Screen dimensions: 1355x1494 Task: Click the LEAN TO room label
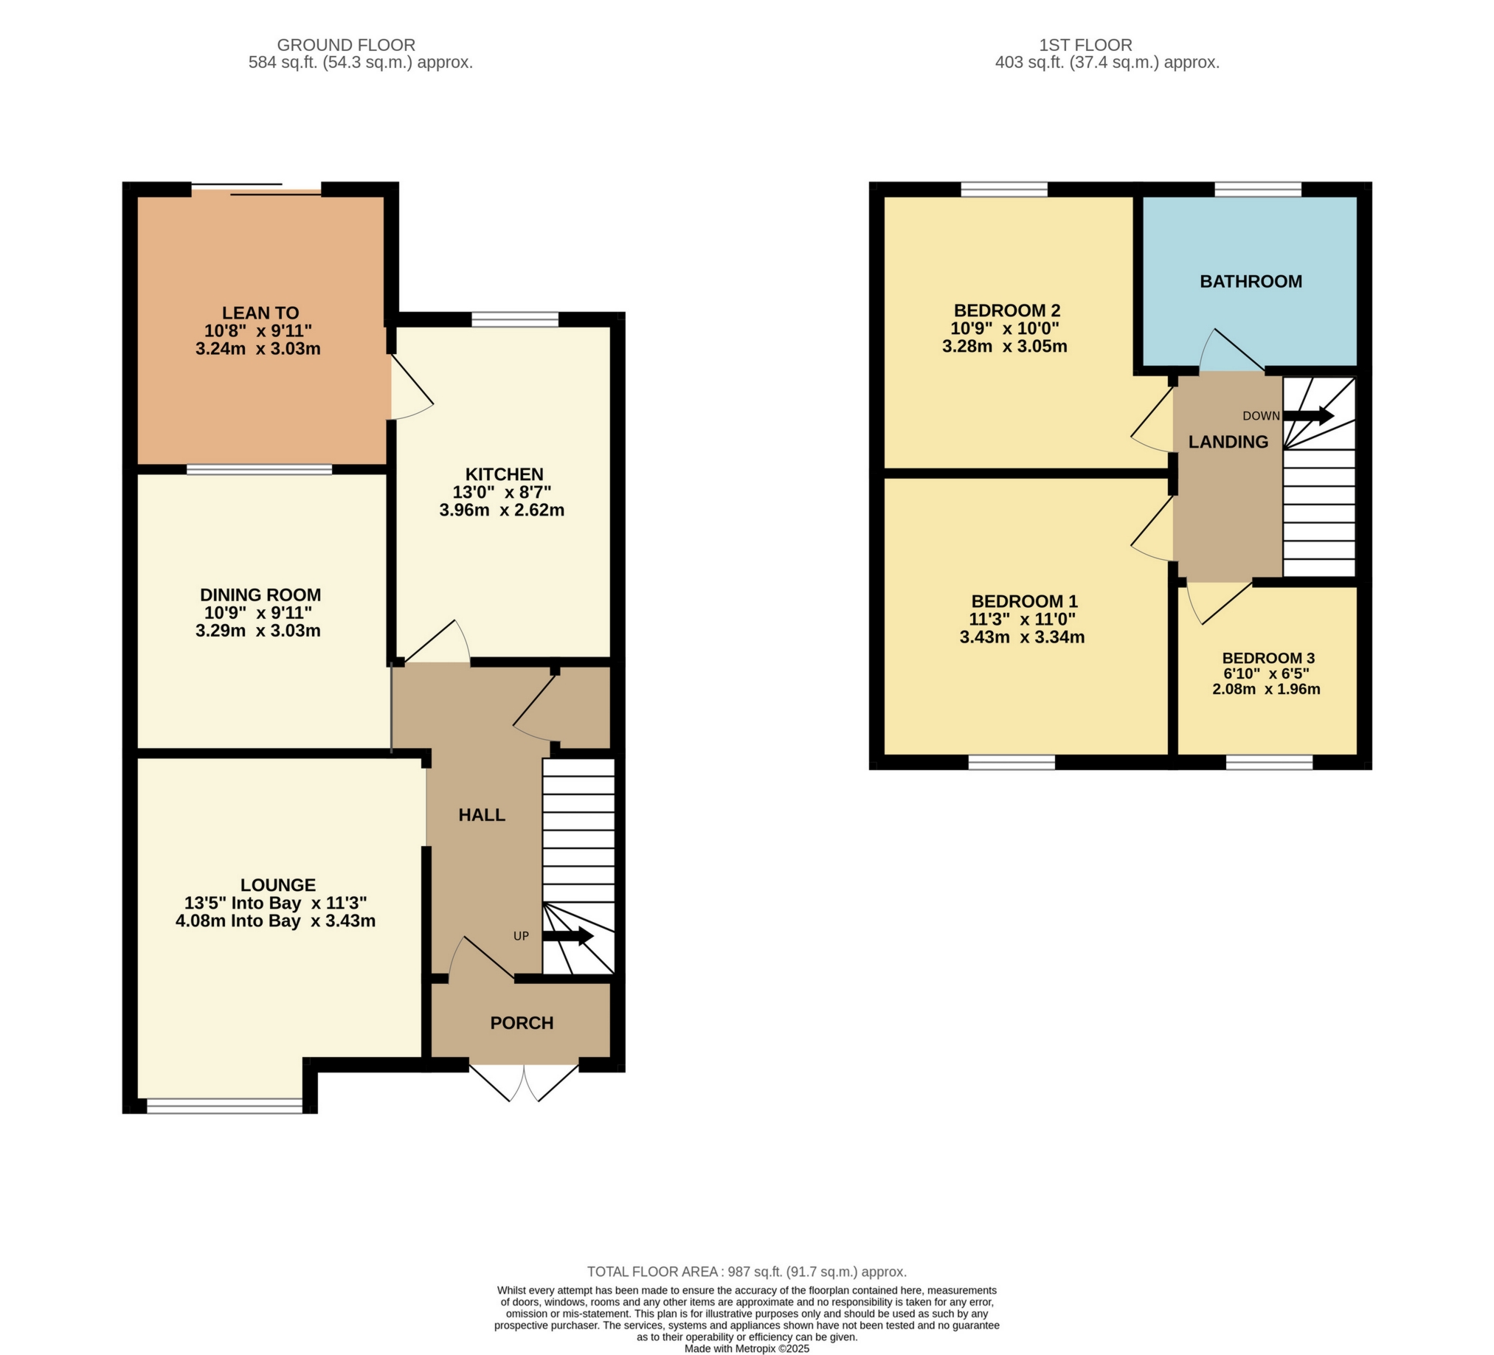pyautogui.click(x=260, y=313)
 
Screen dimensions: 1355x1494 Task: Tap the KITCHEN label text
pyautogui.click(x=504, y=474)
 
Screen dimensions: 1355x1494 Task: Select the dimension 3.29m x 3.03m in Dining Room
pyautogui.click(x=258, y=631)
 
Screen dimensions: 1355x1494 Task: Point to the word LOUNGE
pyautogui.click(x=278, y=884)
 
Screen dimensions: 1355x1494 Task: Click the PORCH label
pyautogui.click(x=522, y=1023)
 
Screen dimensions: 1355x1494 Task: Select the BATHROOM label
pyautogui.click(x=1251, y=282)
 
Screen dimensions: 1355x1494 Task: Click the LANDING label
pyautogui.click(x=1228, y=443)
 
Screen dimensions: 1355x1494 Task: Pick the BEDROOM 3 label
pyautogui.click(x=1268, y=658)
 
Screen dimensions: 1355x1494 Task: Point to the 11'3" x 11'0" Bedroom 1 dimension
pyautogui.click(x=1022, y=620)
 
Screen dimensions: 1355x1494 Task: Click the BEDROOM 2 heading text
pyautogui.click(x=1006, y=311)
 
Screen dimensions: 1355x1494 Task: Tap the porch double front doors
pyautogui.click(x=524, y=1083)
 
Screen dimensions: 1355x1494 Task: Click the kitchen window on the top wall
pyautogui.click(x=515, y=319)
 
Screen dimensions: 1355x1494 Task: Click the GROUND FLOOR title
pyautogui.click(x=346, y=45)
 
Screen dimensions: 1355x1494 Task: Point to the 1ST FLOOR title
pyautogui.click(x=1085, y=45)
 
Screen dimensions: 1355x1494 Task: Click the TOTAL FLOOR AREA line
pyautogui.click(x=746, y=1272)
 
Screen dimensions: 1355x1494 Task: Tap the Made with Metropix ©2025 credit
pyautogui.click(x=746, y=1349)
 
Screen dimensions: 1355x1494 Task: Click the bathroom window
pyautogui.click(x=1258, y=190)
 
